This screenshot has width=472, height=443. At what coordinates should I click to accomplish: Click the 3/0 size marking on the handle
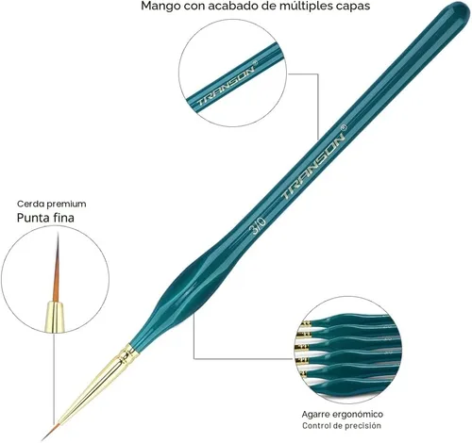point(258,226)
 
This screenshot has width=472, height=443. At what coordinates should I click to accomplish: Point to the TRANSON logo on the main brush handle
point(313,166)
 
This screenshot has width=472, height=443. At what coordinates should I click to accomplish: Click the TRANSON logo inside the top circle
point(226,85)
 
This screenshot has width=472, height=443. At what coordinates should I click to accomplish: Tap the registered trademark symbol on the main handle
point(344,127)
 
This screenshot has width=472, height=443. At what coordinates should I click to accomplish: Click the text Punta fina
point(45,218)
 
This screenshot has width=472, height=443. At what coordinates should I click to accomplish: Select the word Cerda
point(31,204)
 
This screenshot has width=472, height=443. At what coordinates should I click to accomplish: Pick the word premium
point(66,205)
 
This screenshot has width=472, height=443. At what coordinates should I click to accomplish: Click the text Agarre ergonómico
point(343,414)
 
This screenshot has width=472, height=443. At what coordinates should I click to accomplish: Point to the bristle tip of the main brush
point(42,439)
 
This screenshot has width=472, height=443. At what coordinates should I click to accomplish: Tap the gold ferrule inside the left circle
point(55,317)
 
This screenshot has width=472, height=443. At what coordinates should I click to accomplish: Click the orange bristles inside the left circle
point(57,267)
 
